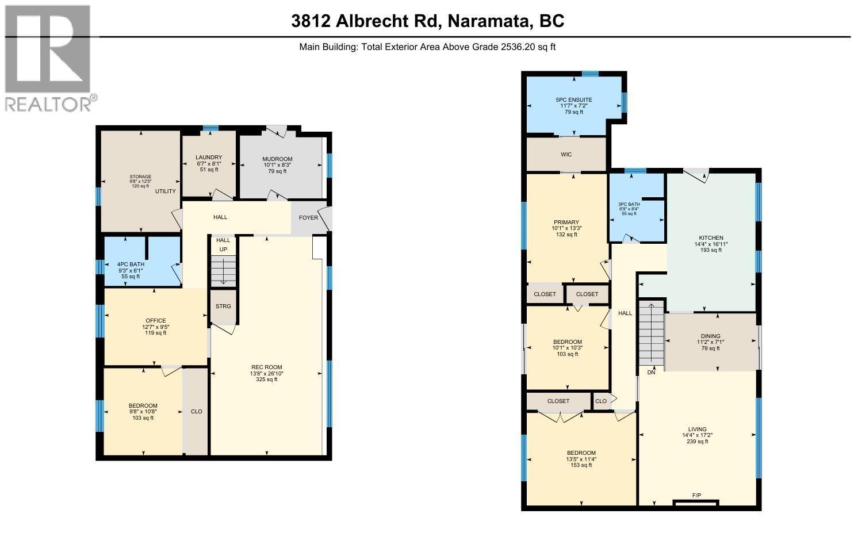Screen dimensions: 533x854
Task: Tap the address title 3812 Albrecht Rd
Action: (427, 21)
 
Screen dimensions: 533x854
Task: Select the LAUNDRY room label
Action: (208, 158)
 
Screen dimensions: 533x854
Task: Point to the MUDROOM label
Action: (277, 159)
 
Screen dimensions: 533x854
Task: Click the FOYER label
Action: (308, 218)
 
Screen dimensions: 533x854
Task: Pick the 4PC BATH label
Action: (131, 264)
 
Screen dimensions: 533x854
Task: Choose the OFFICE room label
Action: (155, 321)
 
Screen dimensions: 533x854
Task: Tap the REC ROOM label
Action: (267, 367)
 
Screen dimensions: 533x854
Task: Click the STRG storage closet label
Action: (223, 306)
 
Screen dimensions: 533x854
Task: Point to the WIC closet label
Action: (566, 155)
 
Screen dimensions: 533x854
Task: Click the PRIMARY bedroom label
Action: (566, 223)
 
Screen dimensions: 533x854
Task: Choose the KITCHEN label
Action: (711, 238)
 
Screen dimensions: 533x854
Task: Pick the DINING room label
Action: (710, 336)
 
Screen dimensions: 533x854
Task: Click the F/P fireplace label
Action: (696, 496)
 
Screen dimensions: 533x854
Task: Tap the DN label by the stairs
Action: (651, 373)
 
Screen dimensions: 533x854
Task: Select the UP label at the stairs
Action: (223, 250)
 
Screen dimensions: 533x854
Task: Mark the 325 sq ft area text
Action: (267, 379)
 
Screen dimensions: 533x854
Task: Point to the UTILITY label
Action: (165, 191)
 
